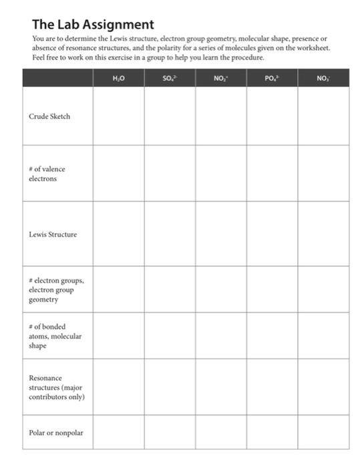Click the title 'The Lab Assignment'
point(93,25)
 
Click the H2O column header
point(119,78)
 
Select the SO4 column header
point(170,78)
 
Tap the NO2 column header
point(220,78)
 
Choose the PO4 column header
point(272,78)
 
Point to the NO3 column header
point(323,78)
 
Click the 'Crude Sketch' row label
point(49,116)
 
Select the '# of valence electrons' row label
point(47,174)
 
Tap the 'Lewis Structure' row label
point(53,235)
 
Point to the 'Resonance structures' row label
point(56,388)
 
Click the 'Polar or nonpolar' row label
point(56,433)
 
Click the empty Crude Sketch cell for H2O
point(119,116)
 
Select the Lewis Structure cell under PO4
point(272,235)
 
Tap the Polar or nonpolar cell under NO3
point(323,433)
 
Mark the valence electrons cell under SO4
point(170,174)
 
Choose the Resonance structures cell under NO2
point(220,388)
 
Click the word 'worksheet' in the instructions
point(310,49)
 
